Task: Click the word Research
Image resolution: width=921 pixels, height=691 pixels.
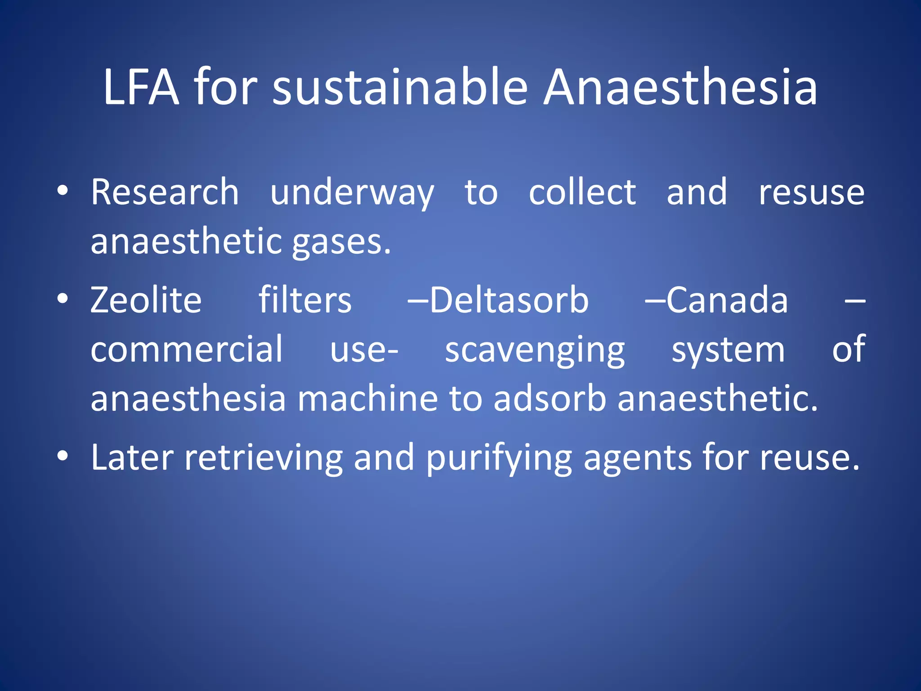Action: point(165,192)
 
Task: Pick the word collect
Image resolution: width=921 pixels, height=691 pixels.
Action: point(582,192)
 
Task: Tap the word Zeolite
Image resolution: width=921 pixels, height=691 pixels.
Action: point(146,300)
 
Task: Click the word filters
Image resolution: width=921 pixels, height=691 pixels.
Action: point(305,300)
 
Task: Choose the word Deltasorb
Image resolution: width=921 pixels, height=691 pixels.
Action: point(509,300)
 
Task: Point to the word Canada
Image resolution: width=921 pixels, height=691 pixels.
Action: point(727,300)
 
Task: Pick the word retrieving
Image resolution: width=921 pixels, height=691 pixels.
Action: point(264,458)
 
